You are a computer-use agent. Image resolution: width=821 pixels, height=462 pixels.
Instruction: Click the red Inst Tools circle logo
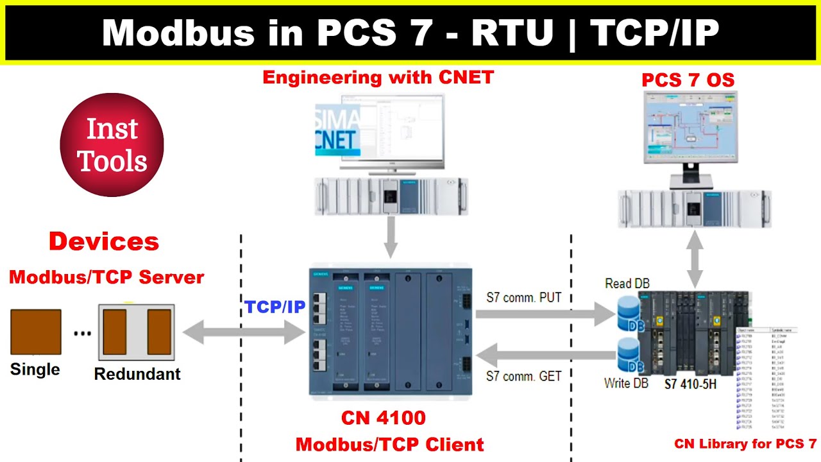(x=112, y=145)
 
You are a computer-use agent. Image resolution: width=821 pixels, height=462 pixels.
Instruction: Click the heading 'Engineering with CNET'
(x=378, y=78)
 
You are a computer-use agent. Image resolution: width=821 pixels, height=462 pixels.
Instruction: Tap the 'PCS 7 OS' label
(x=688, y=80)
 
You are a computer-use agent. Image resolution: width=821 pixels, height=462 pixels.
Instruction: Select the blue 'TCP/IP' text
(x=275, y=307)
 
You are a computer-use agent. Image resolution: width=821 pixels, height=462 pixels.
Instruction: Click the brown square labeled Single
(x=36, y=332)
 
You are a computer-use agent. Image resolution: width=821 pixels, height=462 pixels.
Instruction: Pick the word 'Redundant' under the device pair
(x=137, y=374)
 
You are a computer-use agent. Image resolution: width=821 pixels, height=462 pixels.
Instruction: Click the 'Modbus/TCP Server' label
(x=106, y=277)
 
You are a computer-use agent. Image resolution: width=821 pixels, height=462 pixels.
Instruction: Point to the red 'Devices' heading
(x=104, y=242)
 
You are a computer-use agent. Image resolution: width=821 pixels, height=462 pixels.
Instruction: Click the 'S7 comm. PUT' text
(x=523, y=298)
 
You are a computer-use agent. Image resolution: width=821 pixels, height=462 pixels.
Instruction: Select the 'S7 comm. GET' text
(x=523, y=376)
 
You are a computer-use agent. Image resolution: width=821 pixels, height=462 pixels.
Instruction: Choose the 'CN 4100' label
(x=383, y=418)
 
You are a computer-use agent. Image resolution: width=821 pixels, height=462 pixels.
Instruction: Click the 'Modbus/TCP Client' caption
(x=389, y=444)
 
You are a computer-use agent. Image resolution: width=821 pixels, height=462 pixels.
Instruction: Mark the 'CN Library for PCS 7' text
(x=745, y=444)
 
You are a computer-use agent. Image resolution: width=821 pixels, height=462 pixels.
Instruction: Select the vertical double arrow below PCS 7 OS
(x=694, y=260)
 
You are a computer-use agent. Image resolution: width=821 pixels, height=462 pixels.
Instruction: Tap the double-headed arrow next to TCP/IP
(x=244, y=332)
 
